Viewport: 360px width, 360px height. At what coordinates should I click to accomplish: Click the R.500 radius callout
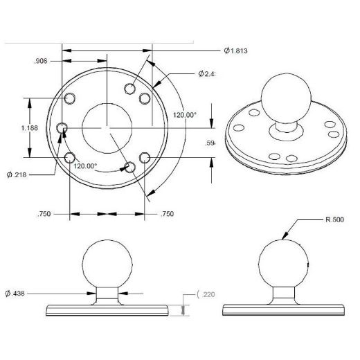335,220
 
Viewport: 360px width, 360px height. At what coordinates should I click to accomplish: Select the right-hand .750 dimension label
167,215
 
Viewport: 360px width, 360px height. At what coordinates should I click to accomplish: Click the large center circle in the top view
106,127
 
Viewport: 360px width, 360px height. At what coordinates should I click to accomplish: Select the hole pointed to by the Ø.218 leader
62,128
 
